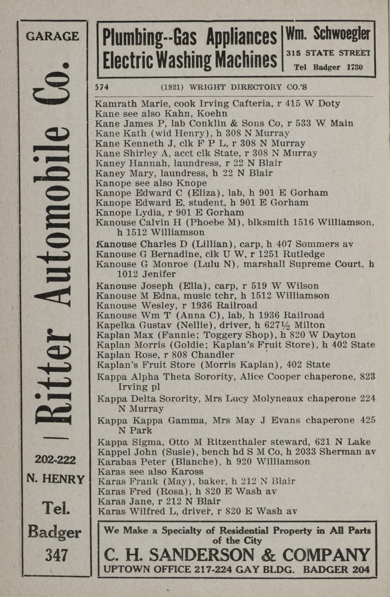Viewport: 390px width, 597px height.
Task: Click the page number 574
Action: [101, 87]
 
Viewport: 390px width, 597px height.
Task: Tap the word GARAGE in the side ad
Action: [52, 36]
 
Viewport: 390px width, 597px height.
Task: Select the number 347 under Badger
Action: [56, 555]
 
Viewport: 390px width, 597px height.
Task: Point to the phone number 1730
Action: [354, 67]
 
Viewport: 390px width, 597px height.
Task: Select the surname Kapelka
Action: [114, 325]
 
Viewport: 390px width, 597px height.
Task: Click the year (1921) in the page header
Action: [172, 87]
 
